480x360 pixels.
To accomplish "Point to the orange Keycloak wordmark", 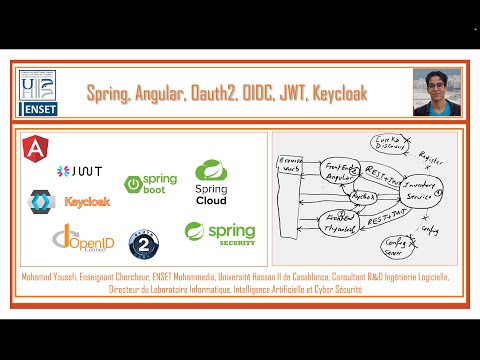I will coord(87,201).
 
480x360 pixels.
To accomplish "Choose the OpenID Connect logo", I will coord(79,240).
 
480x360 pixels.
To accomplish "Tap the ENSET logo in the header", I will coord(43,92).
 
